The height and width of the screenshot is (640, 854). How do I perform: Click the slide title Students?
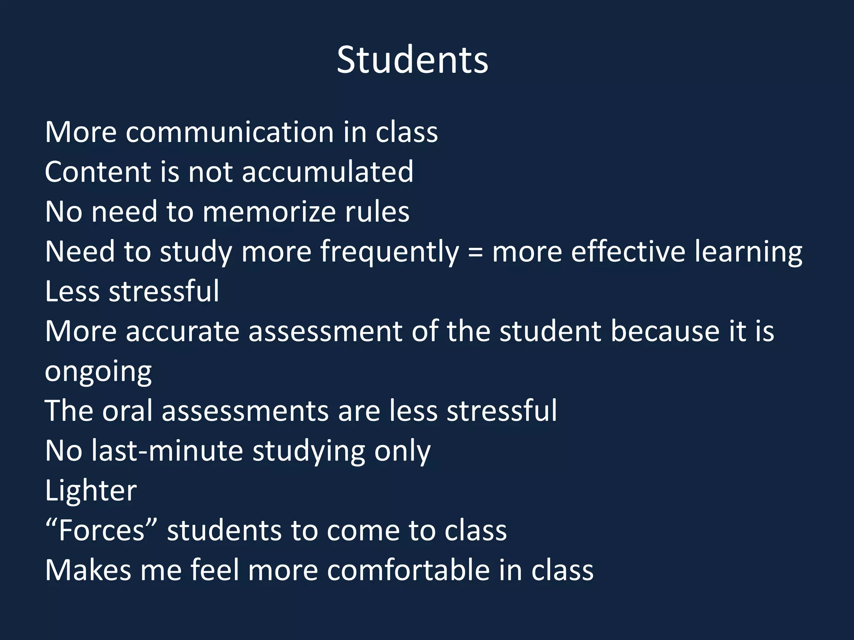(412, 60)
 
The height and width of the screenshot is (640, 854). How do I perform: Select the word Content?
(98, 172)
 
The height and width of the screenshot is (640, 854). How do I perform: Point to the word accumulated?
(328, 172)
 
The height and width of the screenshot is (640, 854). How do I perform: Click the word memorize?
(269, 212)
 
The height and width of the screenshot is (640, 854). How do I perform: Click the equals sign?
(475, 252)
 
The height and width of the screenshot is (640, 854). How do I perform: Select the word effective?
(628, 252)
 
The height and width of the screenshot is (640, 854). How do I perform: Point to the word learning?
(749, 252)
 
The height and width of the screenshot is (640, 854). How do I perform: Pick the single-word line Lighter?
(90, 491)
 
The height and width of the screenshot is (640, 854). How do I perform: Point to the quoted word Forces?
(101, 531)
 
